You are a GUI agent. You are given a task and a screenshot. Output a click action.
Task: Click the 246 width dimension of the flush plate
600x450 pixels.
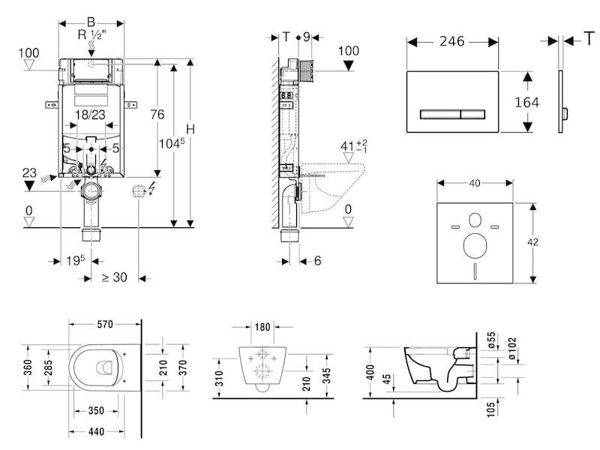tap(452, 41)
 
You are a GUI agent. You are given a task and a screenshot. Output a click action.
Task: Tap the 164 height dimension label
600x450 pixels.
tap(527, 103)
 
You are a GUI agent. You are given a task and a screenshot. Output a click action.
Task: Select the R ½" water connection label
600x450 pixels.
tap(91, 34)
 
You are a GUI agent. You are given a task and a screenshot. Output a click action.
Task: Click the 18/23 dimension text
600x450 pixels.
tap(90, 115)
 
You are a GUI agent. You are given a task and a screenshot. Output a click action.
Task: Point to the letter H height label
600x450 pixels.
tap(190, 129)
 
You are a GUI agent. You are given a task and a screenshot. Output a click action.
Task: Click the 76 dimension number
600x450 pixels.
tap(157, 115)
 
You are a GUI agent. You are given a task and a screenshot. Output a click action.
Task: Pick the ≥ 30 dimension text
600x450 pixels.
tap(115, 277)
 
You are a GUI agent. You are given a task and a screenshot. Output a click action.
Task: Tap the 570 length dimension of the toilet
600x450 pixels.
tap(105, 325)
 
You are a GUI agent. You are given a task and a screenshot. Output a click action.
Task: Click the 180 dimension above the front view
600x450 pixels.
tap(262, 327)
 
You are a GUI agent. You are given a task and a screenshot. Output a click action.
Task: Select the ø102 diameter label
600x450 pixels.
tap(512, 348)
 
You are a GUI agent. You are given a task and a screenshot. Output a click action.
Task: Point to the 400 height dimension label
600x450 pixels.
tap(370, 372)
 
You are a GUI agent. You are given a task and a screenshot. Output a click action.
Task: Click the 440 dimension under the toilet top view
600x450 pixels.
tap(96, 432)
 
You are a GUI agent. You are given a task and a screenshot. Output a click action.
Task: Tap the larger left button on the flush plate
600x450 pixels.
tap(440, 115)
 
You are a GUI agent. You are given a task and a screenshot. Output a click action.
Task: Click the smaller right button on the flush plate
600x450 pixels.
tap(473, 115)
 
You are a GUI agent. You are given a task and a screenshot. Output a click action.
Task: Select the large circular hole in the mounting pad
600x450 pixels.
tap(475, 246)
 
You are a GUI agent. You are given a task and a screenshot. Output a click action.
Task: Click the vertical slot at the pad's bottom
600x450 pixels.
tap(475, 271)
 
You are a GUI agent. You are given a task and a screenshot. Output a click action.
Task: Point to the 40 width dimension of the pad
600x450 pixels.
tap(475, 183)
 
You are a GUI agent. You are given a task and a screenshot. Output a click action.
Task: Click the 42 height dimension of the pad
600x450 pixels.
tap(532, 242)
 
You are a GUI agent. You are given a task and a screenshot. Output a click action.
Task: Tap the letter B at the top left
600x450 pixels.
tap(91, 22)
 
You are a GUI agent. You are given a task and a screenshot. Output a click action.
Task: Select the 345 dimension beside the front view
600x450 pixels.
tap(326, 376)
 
